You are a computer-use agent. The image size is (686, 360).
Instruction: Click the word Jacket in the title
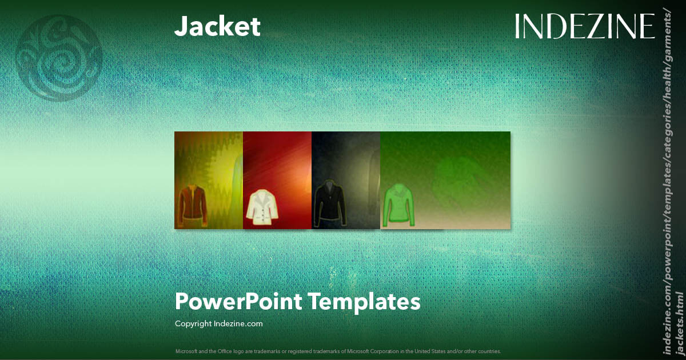pyautogui.click(x=217, y=26)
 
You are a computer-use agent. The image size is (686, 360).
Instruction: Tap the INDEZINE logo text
pyautogui.click(x=584, y=26)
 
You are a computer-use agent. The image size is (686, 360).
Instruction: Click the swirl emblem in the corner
pyautogui.click(x=59, y=58)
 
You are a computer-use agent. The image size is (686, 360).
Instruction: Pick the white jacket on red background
pyautogui.click(x=262, y=206)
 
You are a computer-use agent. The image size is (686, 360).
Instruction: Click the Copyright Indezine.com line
pyautogui.click(x=219, y=323)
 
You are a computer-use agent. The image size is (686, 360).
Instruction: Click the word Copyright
pyautogui.click(x=194, y=323)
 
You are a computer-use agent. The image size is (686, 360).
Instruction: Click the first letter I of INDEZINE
pyautogui.click(x=517, y=26)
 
